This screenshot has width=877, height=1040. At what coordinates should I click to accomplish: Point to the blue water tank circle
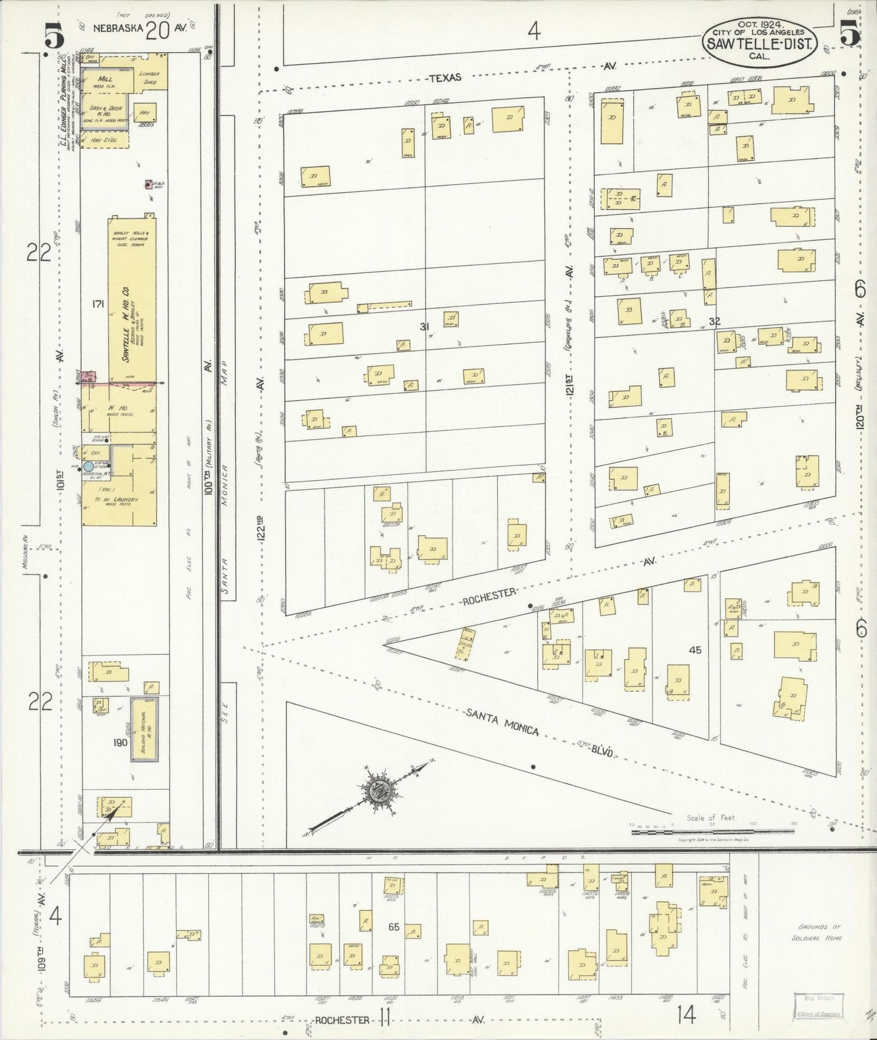pos(89,467)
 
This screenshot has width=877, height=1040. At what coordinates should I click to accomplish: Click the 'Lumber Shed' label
pos(149,78)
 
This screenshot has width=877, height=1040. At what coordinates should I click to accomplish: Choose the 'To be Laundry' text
pos(117,499)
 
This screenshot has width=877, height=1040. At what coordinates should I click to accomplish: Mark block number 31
pos(424,326)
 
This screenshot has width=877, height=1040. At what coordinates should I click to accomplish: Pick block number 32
pos(714,321)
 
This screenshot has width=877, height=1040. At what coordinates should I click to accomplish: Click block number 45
pos(695,649)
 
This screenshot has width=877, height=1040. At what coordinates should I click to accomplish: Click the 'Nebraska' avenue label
pos(118,27)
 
